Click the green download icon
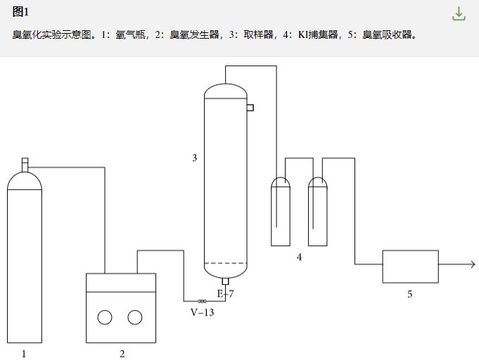click(x=459, y=14)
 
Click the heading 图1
click(x=20, y=12)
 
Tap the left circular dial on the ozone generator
click(x=105, y=317)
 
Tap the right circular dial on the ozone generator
click(x=134, y=317)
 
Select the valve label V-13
click(x=202, y=312)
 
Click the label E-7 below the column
click(x=225, y=294)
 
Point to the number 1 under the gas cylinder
click(x=24, y=354)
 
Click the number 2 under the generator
click(x=122, y=354)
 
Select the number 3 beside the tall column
click(x=195, y=158)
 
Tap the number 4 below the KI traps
click(x=299, y=257)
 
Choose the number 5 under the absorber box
click(x=410, y=294)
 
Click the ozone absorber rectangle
click(x=410, y=266)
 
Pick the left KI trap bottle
click(x=281, y=211)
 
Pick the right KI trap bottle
click(x=318, y=211)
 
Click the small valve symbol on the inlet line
click(x=202, y=302)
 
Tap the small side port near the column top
click(x=250, y=108)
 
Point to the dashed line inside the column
click(x=225, y=264)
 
